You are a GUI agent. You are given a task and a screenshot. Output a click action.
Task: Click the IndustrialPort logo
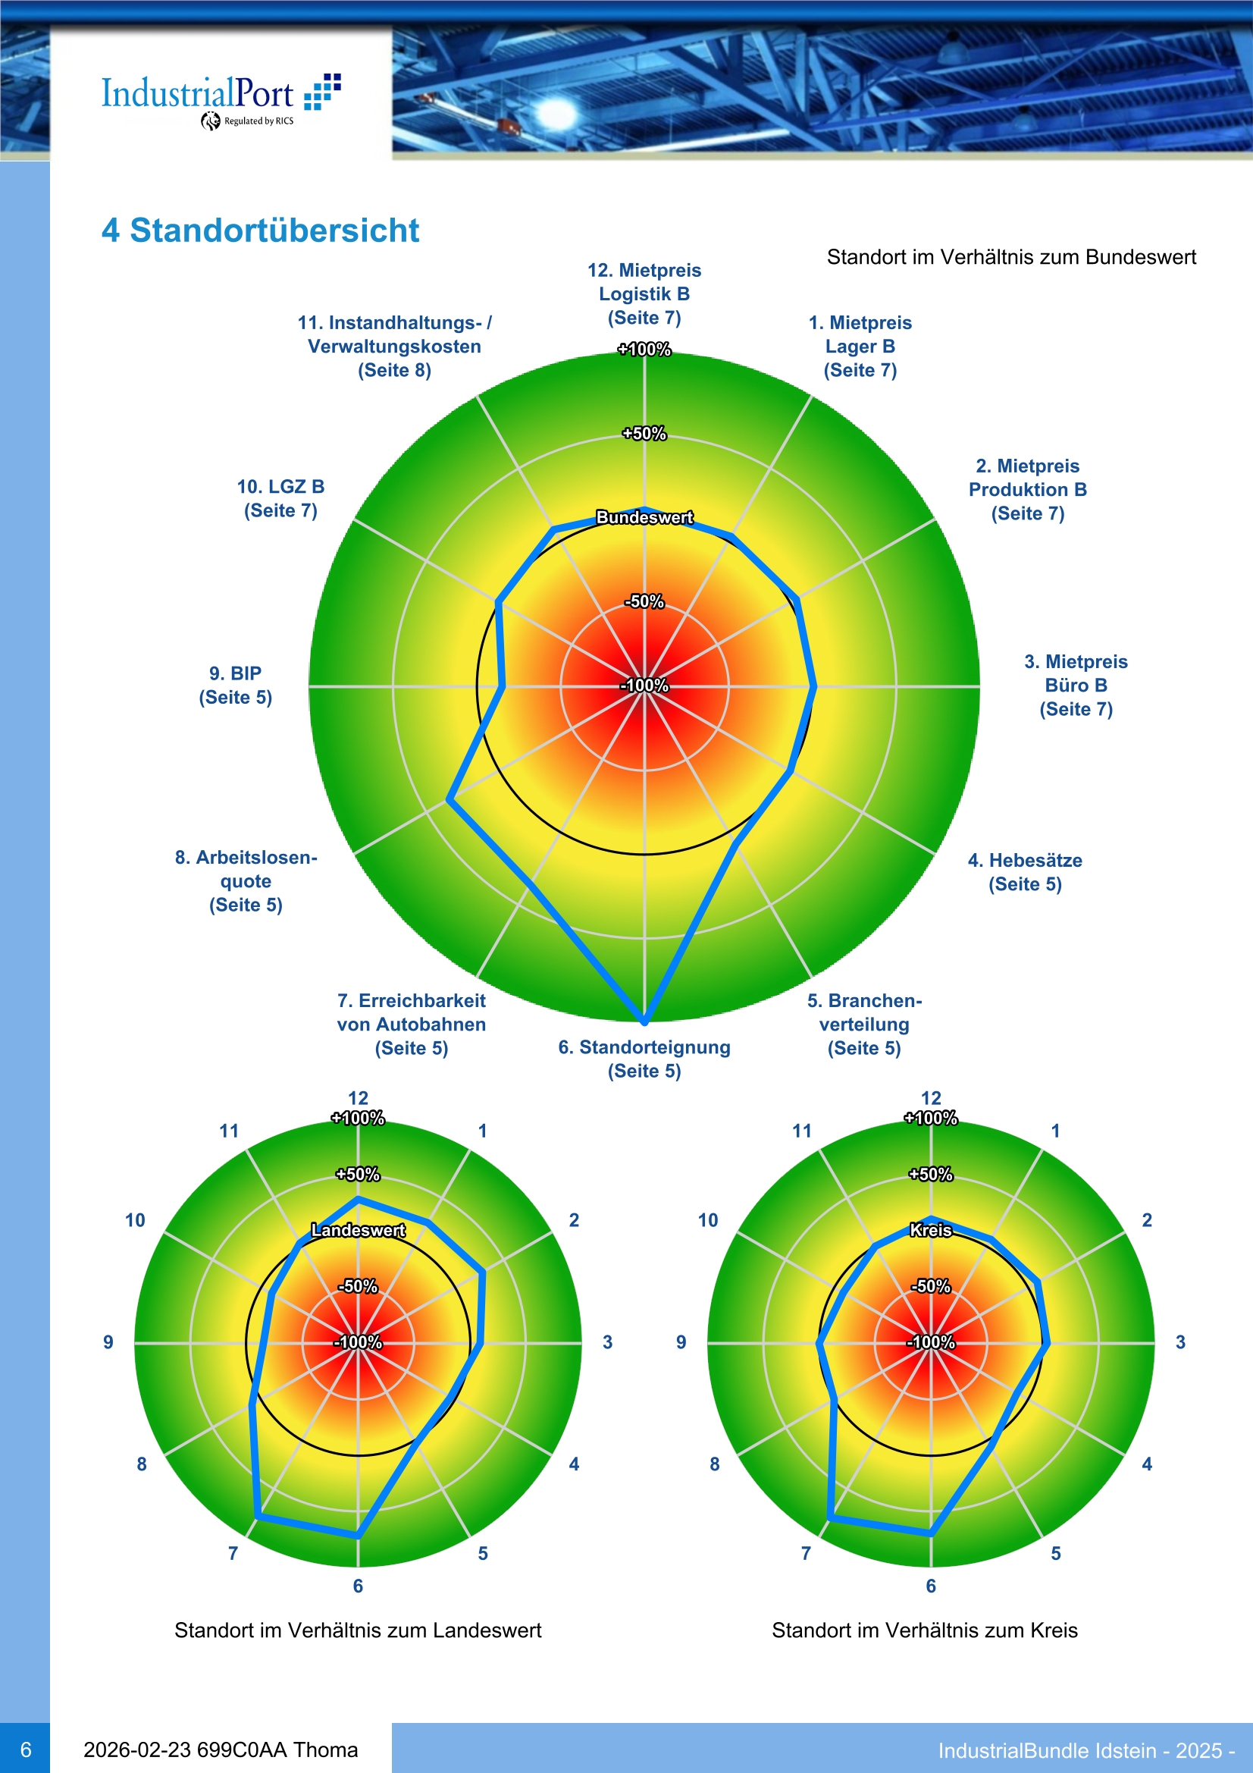pos(220,99)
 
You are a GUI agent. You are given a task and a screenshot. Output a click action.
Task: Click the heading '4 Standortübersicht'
pos(260,230)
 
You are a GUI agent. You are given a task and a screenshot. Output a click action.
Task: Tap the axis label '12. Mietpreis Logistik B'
pos(644,293)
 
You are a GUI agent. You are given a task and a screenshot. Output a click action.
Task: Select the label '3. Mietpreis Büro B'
pos(1076,685)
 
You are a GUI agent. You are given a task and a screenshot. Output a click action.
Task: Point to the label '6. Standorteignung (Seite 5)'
pos(644,1059)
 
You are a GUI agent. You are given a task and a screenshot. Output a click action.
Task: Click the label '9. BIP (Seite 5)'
pos(236,685)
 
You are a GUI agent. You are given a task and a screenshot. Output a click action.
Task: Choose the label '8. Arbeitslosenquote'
pos(246,880)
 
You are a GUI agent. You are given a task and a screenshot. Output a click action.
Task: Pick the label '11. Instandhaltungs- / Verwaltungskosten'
pos(393,346)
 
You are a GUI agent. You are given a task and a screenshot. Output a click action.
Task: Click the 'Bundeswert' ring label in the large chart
pos(644,517)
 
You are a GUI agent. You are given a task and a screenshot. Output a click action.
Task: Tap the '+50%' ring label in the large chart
pos(644,434)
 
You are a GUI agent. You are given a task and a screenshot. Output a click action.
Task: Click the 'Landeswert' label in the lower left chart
pos(358,1230)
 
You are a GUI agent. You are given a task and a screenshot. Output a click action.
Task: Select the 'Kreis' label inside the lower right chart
pos(930,1230)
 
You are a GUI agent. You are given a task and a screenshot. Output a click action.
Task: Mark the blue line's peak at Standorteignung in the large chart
pos(644,1021)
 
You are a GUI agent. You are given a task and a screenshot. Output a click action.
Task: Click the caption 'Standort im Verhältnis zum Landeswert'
pos(358,1630)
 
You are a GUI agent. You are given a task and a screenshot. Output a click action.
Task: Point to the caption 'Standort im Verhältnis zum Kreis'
pos(924,1630)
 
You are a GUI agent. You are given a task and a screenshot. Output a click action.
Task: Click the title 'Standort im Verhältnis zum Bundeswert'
pos(1010,257)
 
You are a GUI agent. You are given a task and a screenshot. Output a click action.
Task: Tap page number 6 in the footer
pos(26,1749)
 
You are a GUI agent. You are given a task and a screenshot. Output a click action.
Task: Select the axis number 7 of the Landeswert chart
pos(233,1553)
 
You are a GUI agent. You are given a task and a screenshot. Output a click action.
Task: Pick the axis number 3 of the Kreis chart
pos(1179,1342)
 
